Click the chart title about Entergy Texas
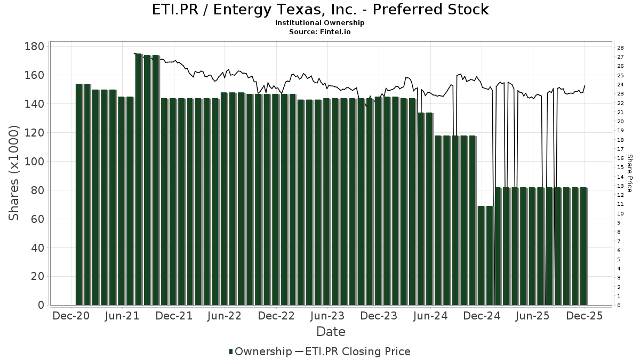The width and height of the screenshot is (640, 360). [320, 10]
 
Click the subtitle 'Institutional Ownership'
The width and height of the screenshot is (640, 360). [320, 23]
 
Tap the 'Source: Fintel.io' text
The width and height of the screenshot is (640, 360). [320, 32]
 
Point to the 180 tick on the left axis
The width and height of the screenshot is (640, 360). [34, 46]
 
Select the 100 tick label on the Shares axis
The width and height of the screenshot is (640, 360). [34, 162]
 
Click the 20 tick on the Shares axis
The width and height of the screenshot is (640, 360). [37, 277]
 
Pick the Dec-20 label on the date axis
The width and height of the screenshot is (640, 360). [71, 316]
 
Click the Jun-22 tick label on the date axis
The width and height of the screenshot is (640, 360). [225, 316]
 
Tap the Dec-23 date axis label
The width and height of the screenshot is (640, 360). [379, 316]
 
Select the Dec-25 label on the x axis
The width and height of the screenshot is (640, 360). [585, 316]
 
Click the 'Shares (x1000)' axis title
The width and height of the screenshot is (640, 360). [14, 173]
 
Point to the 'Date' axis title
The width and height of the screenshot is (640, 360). [331, 332]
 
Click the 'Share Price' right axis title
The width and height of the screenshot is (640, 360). [629, 173]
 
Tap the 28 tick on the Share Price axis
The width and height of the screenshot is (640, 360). [621, 48]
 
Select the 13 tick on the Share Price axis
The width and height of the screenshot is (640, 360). [621, 186]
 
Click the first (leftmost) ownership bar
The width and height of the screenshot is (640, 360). [79, 195]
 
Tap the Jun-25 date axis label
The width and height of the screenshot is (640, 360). [533, 316]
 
